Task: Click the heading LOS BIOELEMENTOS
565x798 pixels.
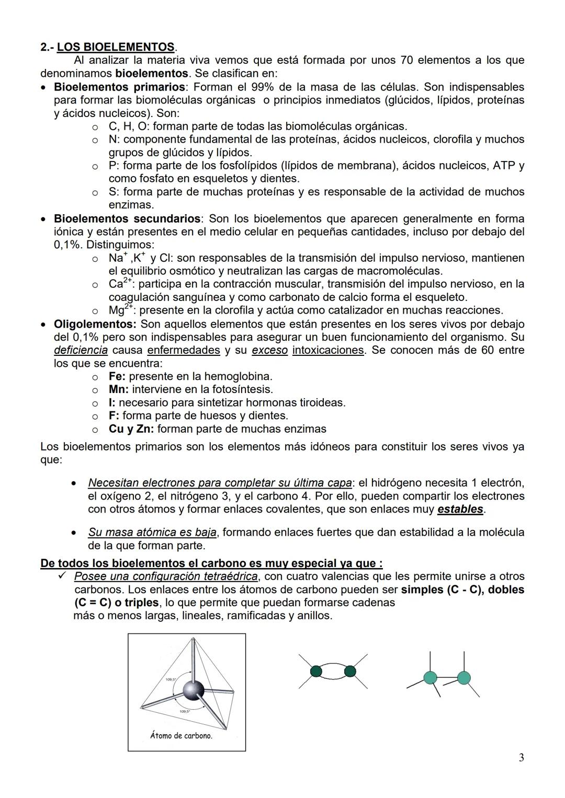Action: (116, 47)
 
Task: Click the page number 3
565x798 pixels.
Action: (521, 758)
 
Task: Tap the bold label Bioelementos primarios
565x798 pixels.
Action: (119, 87)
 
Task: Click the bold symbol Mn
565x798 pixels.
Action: (118, 389)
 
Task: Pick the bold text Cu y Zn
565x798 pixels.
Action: (131, 429)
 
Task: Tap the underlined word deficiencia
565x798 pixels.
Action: (81, 350)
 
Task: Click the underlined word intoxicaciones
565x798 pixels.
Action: (327, 350)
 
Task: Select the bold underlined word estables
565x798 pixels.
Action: (460, 509)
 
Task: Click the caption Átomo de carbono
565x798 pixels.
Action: (181, 735)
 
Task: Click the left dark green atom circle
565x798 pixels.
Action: (316, 672)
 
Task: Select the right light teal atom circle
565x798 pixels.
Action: (464, 678)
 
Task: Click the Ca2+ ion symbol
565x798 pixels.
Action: (119, 284)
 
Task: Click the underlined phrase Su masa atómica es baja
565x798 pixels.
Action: (152, 533)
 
